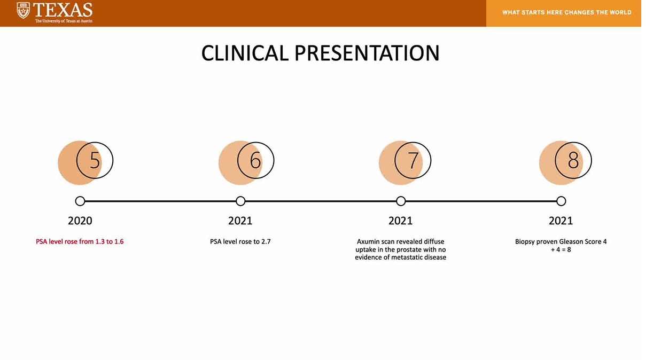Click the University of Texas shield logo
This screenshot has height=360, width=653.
(23, 11)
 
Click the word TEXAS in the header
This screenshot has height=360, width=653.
(63, 10)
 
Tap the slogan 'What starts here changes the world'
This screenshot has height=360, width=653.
(567, 12)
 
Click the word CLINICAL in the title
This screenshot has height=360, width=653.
(245, 53)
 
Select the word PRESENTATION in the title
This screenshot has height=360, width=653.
(367, 53)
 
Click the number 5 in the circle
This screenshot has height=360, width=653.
(95, 160)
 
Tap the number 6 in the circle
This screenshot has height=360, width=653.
(255, 160)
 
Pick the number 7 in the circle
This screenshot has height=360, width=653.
(413, 160)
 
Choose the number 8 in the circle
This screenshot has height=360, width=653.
(573, 160)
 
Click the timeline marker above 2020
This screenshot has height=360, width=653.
(80, 201)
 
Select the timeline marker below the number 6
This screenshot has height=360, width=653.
(240, 201)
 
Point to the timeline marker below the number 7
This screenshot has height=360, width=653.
(401, 201)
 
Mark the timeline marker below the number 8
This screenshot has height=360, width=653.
(561, 201)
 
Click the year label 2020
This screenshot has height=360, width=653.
(80, 221)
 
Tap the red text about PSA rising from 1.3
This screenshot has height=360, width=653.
(80, 241)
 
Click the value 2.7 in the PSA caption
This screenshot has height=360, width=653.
(266, 241)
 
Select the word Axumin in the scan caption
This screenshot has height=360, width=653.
(368, 241)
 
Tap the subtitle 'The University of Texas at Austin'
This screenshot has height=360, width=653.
(64, 21)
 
